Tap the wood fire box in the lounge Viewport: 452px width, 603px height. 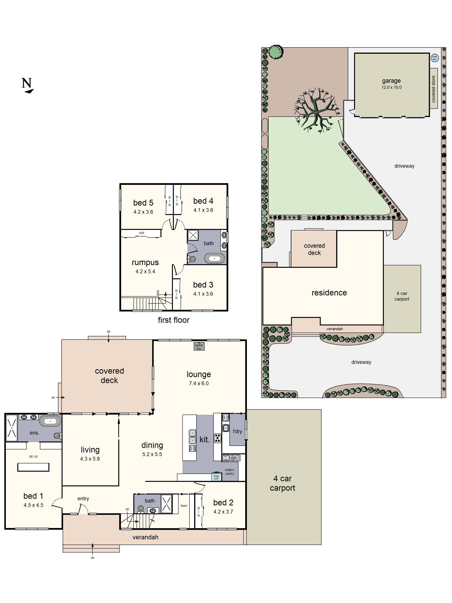(x=199, y=346)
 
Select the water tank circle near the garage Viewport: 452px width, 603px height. (x=434, y=58)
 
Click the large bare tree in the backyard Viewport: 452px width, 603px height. (x=316, y=110)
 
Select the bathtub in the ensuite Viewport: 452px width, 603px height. (x=50, y=421)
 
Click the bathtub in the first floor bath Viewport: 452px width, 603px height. (x=215, y=258)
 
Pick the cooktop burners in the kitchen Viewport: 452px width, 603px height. (x=217, y=438)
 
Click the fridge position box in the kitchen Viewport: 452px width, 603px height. (x=216, y=477)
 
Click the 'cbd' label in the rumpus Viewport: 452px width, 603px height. (x=141, y=233)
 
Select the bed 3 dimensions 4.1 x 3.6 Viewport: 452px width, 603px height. (x=203, y=294)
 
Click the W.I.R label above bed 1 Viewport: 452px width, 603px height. (x=34, y=456)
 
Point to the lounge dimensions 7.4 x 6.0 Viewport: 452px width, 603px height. (x=199, y=383)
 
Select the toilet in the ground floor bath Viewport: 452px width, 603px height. (x=140, y=508)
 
